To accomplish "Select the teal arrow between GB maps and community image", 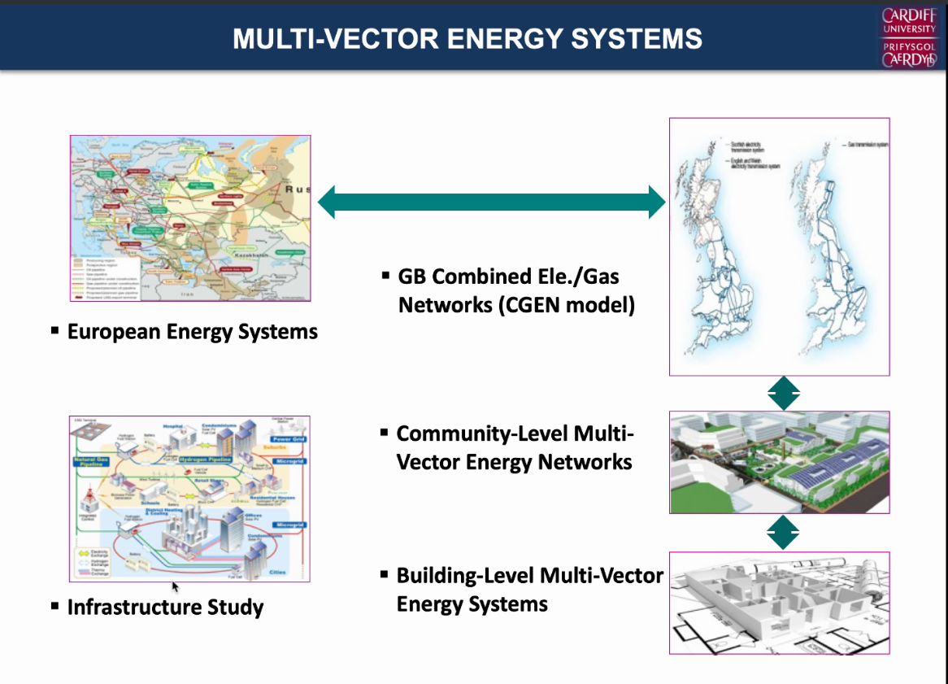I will point(784,394).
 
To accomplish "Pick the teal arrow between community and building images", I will point(784,534).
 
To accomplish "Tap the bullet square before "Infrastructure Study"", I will point(55,605).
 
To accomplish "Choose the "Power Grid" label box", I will point(288,438).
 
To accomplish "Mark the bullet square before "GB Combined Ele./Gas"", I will point(385,276).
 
